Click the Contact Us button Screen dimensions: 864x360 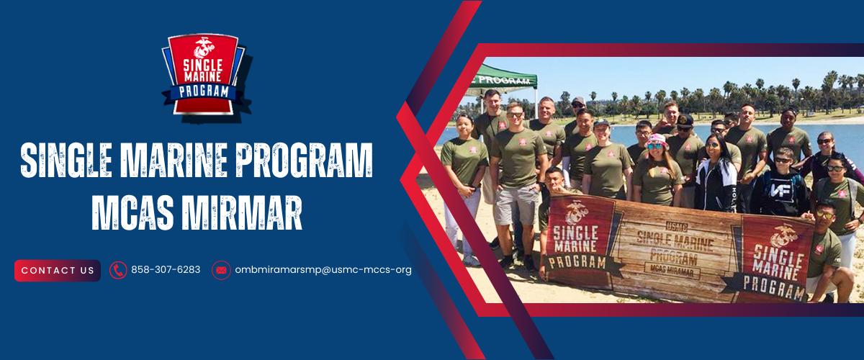pyautogui.click(x=58, y=271)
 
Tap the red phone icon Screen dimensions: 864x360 pyautogui.click(x=118, y=270)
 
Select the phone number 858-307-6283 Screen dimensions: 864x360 pyautogui.click(x=166, y=270)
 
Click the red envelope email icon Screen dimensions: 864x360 pyautogui.click(x=221, y=270)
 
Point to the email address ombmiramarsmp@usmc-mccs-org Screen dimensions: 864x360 pyautogui.click(x=323, y=270)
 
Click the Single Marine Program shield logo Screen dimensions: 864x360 pyautogui.click(x=204, y=76)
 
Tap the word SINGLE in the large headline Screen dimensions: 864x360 pyautogui.click(x=66, y=160)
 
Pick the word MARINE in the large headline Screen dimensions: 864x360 pyautogui.click(x=174, y=160)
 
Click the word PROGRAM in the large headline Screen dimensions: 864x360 pyautogui.click(x=305, y=160)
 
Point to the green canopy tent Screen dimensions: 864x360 pyautogui.click(x=505, y=79)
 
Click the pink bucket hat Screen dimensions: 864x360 pyautogui.click(x=657, y=140)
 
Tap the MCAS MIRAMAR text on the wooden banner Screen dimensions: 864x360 pyautogui.click(x=672, y=271)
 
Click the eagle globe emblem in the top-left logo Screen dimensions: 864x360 pyautogui.click(x=203, y=47)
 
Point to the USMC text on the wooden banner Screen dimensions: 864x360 pyautogui.click(x=677, y=227)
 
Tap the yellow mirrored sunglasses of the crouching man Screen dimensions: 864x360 pyautogui.click(x=824, y=215)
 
